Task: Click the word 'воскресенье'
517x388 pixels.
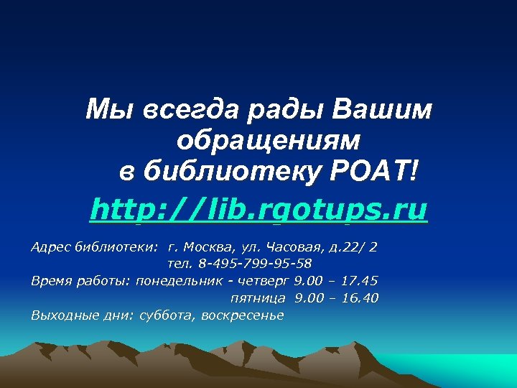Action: (243, 315)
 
